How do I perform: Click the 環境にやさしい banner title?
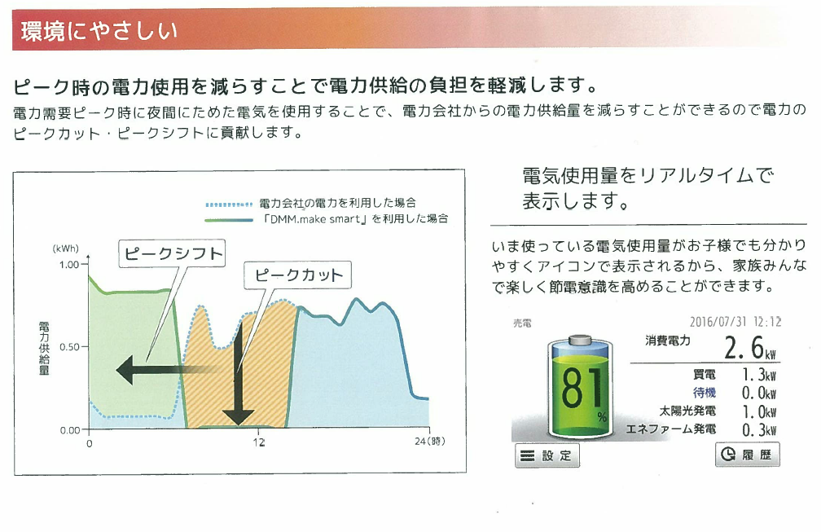[99, 31]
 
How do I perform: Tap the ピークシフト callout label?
[173, 254]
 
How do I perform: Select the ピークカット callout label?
[297, 275]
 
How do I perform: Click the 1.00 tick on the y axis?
[69, 265]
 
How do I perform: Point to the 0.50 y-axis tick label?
[69, 346]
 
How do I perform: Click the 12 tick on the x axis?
[259, 442]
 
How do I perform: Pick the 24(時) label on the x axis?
[430, 442]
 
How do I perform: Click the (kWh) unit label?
[65, 248]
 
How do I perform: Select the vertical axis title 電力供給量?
[45, 348]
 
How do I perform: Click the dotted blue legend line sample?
[230, 204]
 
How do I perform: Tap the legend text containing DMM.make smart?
[355, 219]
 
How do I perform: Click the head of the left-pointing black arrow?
[125, 370]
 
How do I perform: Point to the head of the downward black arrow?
[238, 417]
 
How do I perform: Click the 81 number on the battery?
[582, 388]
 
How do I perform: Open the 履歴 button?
[747, 454]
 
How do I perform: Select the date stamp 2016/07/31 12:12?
[735, 322]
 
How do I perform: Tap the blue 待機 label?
[705, 393]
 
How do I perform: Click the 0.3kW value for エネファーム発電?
[759, 430]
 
